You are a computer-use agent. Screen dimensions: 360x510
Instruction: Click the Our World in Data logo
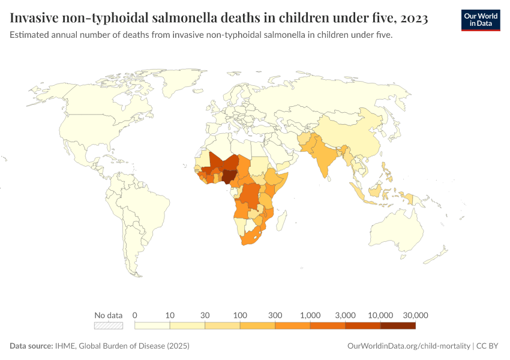coord(480,20)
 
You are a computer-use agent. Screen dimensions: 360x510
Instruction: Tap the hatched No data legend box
coord(109,326)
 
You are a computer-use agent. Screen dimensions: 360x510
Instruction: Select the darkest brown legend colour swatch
coord(398,326)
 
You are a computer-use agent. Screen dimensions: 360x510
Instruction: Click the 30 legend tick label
coord(205,315)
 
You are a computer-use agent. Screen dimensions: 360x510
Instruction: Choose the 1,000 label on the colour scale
coord(310,315)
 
